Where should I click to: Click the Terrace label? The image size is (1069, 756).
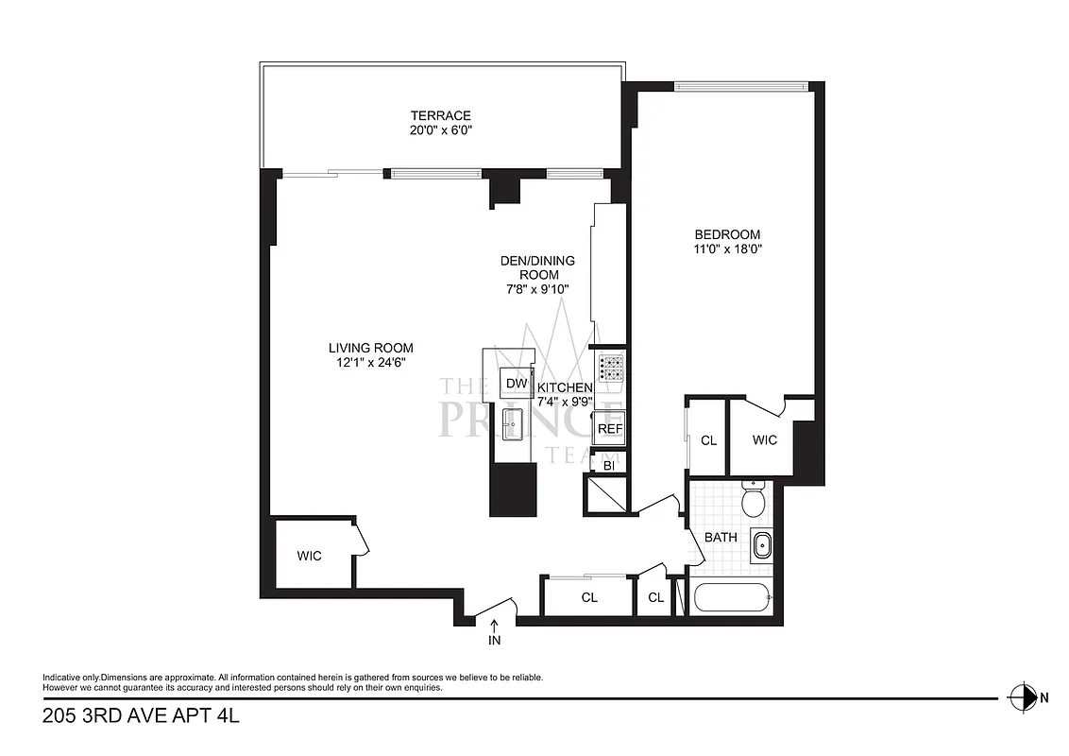pos(434,115)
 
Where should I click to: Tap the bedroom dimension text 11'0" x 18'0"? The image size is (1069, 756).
pos(727,249)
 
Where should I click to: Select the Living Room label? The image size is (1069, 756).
pos(371,347)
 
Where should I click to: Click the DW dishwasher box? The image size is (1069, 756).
pos(516,383)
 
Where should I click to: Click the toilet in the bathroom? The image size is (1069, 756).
pos(753,500)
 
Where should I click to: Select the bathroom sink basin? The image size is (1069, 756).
pos(761,545)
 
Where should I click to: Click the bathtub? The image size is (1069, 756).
pos(732,598)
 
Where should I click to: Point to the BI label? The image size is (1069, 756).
pos(609,465)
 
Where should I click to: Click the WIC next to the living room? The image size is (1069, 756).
pos(310,556)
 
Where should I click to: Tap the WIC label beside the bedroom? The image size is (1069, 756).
pos(765,440)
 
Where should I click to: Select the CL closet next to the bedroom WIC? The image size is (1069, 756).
pos(708,440)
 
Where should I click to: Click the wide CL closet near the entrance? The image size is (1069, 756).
pos(589,597)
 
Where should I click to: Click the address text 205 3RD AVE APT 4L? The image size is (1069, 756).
pos(142,716)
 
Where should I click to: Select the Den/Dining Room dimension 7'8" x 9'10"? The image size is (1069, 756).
pos(536,289)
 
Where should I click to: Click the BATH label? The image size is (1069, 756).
pos(721,537)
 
